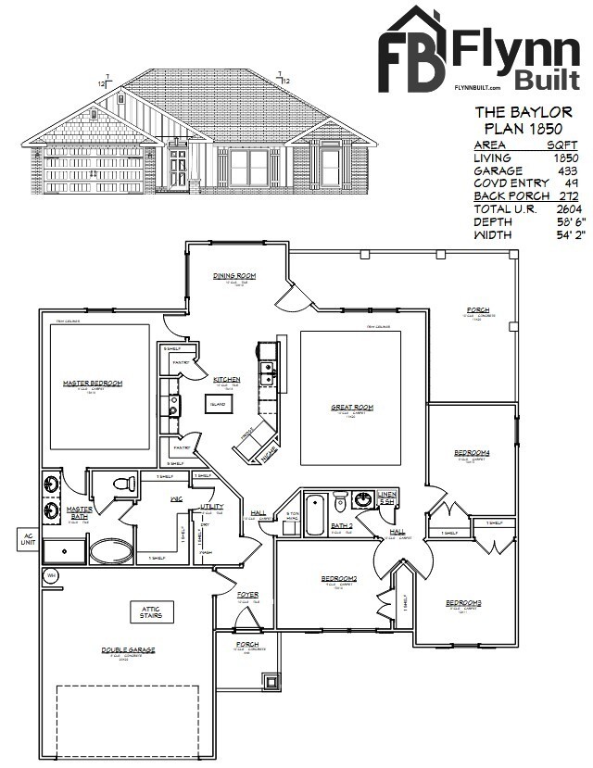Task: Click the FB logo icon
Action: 412,49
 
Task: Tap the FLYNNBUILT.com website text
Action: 477,87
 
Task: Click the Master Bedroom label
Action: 93,383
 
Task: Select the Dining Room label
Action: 234,276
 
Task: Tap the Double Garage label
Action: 128,650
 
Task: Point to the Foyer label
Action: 248,594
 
